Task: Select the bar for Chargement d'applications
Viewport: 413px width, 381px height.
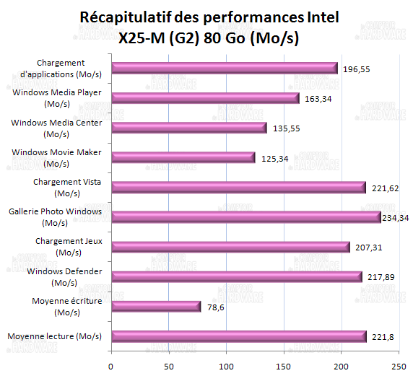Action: click(x=225, y=68)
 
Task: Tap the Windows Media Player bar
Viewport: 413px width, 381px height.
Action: click(x=205, y=97)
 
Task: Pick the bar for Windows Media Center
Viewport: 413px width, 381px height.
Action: click(x=189, y=128)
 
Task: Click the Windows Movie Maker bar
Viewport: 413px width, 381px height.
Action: click(x=183, y=157)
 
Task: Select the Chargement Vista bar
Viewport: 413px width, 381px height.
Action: click(x=239, y=188)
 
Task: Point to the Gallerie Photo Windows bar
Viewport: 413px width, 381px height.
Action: click(x=246, y=216)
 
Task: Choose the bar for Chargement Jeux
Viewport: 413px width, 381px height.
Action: click(x=230, y=247)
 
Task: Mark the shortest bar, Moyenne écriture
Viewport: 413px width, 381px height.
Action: click(x=156, y=307)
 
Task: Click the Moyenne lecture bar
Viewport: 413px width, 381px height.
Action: click(x=239, y=336)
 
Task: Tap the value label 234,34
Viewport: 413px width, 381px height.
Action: click(x=396, y=218)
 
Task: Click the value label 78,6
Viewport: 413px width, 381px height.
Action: click(x=217, y=307)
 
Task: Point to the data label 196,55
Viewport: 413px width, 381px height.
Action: click(x=356, y=70)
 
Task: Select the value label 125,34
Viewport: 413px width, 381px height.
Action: click(x=273, y=159)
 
